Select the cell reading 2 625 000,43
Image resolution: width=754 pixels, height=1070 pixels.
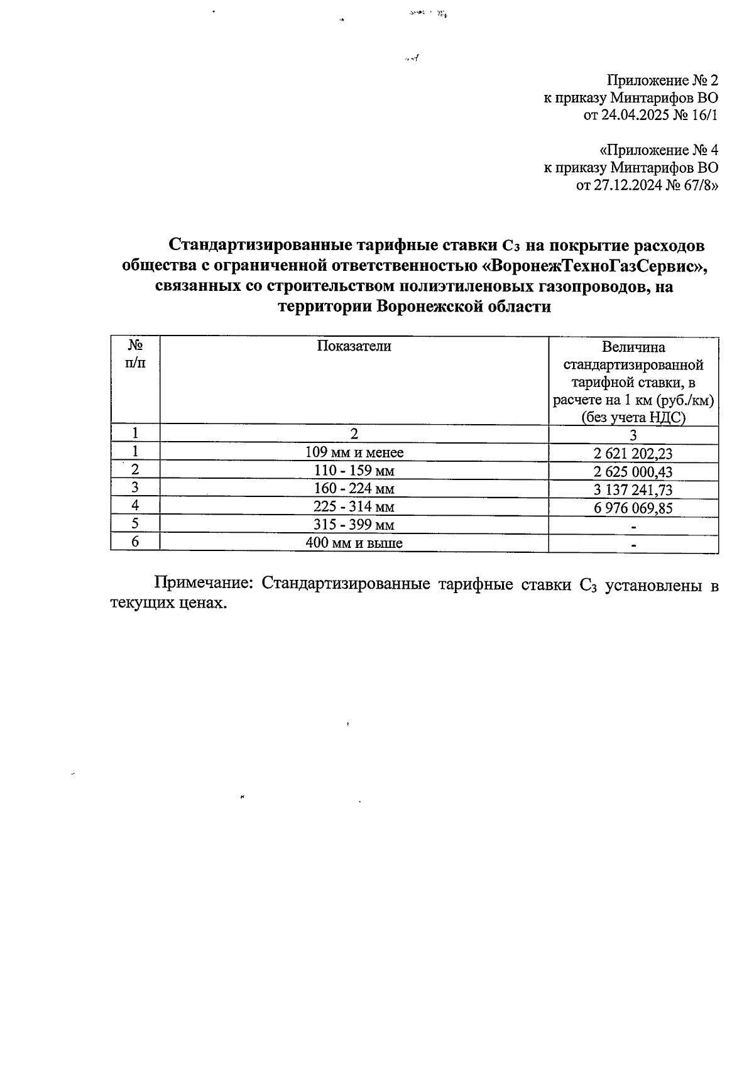coord(633,472)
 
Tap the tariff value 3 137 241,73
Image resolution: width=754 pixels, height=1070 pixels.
coord(633,490)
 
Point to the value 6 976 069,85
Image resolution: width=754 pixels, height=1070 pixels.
coord(633,508)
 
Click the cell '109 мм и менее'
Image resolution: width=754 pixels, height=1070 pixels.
coord(354,452)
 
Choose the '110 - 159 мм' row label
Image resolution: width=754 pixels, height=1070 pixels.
coord(354,471)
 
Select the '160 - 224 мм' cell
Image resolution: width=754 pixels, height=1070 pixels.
coord(354,489)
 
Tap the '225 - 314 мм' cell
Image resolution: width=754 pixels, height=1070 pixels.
coord(354,506)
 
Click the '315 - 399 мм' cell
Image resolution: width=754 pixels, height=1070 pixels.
coord(354,525)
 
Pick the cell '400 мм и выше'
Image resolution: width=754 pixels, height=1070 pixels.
coord(354,543)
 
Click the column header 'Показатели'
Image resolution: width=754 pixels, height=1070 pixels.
coord(354,346)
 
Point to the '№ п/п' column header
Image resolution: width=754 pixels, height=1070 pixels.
coord(135,354)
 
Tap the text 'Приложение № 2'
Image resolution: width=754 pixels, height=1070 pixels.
coord(662,80)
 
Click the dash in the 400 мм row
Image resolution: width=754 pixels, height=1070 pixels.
coord(633,544)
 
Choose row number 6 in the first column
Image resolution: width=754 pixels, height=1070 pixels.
coord(135,542)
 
